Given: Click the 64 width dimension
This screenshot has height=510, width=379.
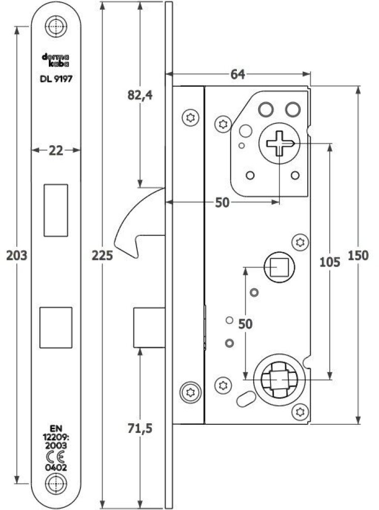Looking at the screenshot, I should point(237,74).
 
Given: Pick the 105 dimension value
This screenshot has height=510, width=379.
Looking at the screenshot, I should point(329,262).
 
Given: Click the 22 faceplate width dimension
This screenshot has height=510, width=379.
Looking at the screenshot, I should point(56,150).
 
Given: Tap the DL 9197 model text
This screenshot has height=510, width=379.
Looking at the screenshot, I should point(56,79).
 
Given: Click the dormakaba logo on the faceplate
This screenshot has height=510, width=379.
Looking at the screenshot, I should point(56,61).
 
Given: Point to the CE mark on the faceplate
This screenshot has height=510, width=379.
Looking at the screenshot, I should point(56,456).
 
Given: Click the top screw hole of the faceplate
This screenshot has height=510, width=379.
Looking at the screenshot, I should point(56,25).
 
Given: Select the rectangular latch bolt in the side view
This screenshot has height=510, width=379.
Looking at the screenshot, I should point(150,327).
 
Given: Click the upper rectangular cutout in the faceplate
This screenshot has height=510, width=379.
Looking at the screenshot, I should point(56,210).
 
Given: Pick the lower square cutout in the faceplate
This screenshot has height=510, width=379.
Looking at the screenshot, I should point(56,327).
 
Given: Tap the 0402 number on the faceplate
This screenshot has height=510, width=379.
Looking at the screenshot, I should point(56,467).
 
